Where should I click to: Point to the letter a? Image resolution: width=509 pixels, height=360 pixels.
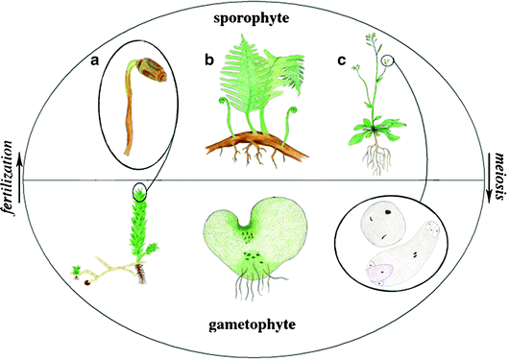95,60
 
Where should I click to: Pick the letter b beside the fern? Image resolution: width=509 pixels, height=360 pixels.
209,60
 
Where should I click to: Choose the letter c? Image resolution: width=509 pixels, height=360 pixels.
342,60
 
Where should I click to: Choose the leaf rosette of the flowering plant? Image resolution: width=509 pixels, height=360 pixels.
369,127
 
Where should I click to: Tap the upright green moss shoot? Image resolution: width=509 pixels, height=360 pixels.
142,235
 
